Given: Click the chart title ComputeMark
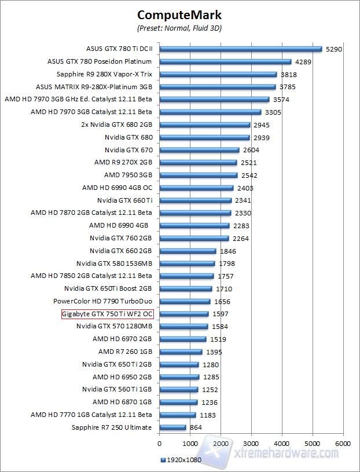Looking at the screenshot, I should coord(179,14).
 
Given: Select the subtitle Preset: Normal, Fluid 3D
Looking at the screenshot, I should coord(179,27).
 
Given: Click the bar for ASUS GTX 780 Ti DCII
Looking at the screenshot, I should coord(240,49).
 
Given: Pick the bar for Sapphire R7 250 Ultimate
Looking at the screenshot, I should coord(172,427).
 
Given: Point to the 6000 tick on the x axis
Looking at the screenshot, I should coord(343,444).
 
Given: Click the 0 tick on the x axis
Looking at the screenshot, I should coord(159,444).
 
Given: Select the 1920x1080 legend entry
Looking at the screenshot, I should coord(181,460).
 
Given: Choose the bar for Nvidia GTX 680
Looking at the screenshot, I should coord(204,137).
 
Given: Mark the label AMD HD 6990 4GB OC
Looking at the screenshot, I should coord(117,188).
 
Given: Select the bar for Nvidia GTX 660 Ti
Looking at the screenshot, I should coord(195,200).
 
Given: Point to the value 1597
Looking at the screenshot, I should coord(220,314).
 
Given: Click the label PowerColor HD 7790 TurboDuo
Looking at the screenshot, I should coord(102,301).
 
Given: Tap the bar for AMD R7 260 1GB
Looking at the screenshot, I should coord(181,352).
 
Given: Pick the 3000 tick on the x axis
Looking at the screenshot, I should coord(251,444).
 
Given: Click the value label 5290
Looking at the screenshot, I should coord(335,49).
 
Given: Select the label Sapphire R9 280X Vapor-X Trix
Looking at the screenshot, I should coord(104,74).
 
